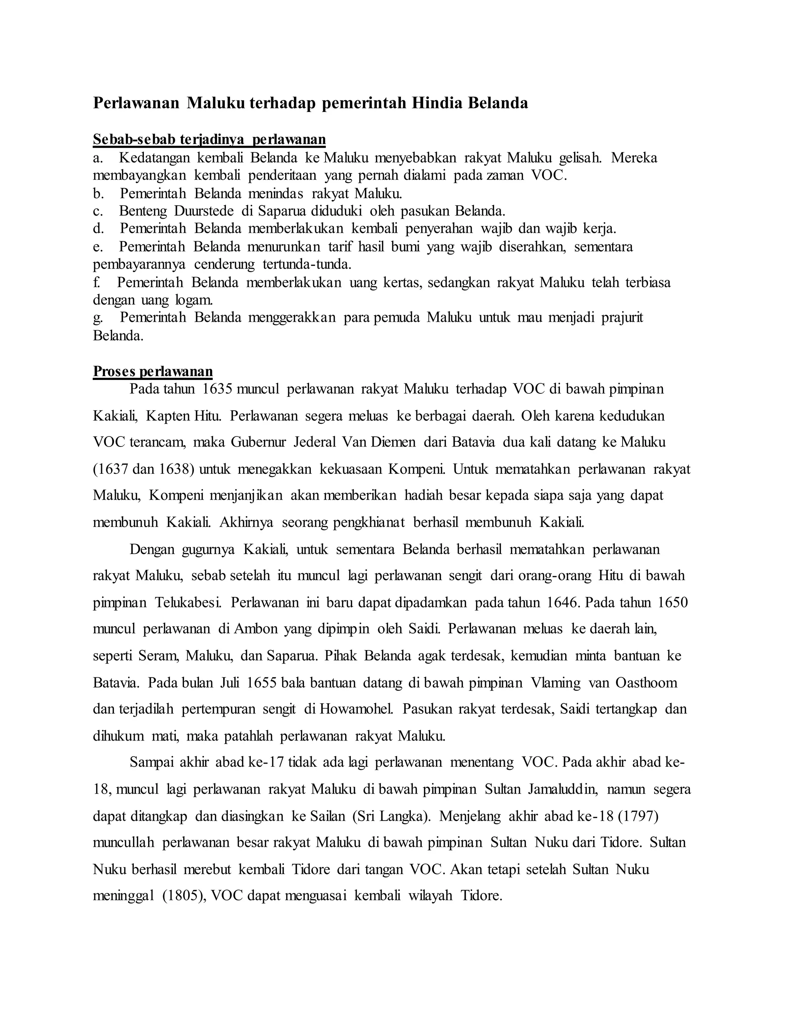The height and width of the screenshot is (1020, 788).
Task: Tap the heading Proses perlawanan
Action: click(153, 371)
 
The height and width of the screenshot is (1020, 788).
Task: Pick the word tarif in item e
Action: click(339, 247)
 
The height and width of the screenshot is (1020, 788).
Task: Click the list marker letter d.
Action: click(98, 229)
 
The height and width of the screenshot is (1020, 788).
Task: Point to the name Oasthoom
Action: click(646, 683)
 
